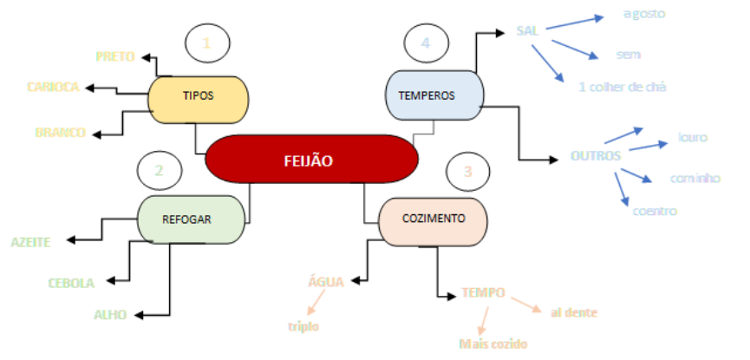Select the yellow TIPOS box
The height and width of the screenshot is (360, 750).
click(199, 96)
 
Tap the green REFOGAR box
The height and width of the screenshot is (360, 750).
click(186, 219)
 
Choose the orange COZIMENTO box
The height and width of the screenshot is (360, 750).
click(434, 218)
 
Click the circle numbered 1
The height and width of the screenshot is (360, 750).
click(206, 43)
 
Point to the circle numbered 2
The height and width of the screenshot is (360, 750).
click(160, 171)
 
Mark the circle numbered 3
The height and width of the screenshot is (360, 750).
click(467, 172)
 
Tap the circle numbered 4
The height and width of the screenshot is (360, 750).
click(425, 43)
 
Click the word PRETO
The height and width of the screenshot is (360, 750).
click(115, 57)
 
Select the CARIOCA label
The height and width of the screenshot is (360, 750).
click(53, 87)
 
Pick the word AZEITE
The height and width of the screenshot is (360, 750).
click(31, 242)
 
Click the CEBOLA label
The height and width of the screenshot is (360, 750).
click(71, 283)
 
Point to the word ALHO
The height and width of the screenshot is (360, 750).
click(112, 314)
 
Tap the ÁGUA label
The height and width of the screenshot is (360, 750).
click(327, 281)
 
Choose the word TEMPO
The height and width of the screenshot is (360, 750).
click(484, 293)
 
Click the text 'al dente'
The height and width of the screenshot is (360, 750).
click(574, 311)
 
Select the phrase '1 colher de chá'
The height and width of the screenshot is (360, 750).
click(623, 87)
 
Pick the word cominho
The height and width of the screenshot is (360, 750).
click(695, 179)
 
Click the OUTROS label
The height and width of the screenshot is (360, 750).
click(596, 156)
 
